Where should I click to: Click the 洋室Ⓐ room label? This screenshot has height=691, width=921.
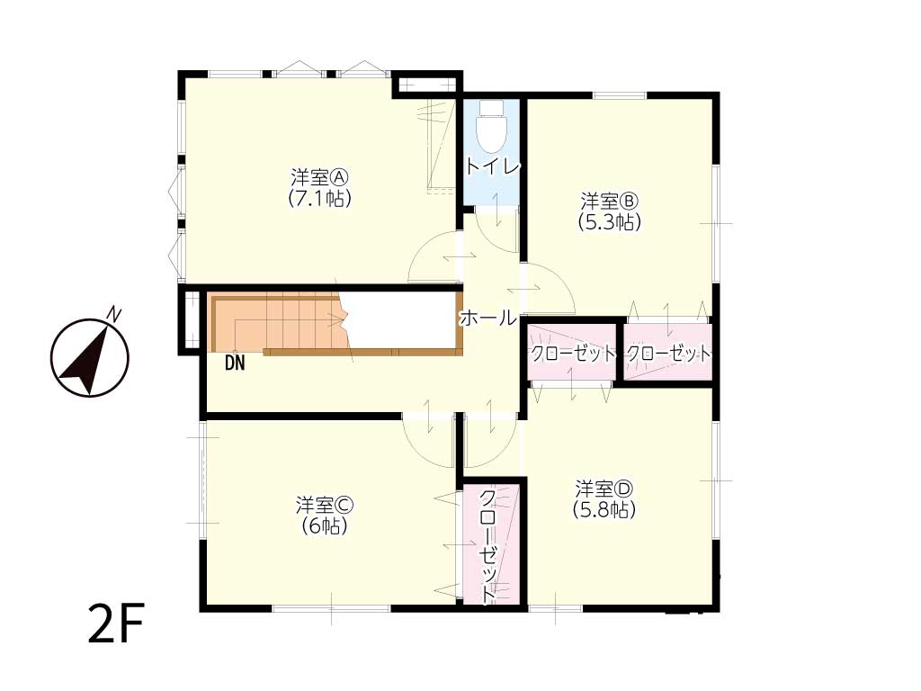(320, 177)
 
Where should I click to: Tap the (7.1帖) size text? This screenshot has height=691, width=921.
(320, 199)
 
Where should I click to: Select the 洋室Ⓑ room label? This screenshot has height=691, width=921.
(609, 202)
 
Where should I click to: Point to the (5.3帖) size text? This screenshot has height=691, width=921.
(609, 222)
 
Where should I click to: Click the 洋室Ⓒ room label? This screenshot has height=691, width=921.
(324, 504)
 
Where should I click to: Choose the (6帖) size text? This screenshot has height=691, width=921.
(324, 525)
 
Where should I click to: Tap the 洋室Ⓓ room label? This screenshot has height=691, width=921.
(604, 489)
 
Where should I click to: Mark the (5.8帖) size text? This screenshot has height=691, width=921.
(604, 509)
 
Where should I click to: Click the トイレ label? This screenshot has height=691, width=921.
(492, 166)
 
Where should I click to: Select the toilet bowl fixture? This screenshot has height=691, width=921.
(492, 127)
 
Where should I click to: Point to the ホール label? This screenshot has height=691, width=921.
(487, 318)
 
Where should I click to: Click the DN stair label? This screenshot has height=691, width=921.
(235, 363)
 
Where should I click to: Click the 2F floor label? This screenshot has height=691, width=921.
(116, 623)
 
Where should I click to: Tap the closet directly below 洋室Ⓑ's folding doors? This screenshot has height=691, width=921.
(668, 354)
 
